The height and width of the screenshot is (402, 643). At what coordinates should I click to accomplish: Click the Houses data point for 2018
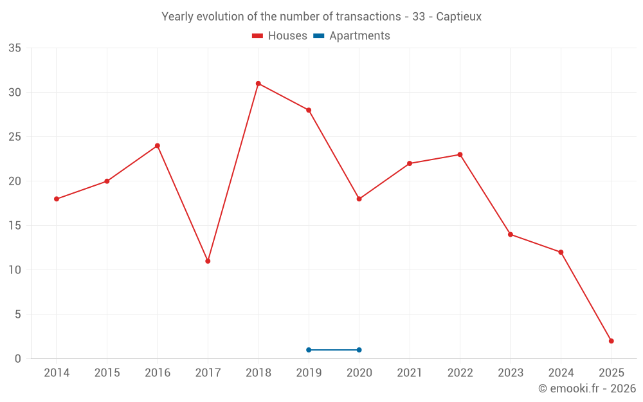[258, 84]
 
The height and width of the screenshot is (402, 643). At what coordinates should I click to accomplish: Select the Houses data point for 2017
[208, 261]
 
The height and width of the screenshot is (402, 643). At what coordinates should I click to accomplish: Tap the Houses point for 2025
[611, 341]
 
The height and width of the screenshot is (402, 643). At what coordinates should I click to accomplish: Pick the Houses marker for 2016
[157, 145]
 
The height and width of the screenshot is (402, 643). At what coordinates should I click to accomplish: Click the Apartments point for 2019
[309, 350]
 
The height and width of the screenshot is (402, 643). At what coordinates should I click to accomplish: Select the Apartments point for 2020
[359, 350]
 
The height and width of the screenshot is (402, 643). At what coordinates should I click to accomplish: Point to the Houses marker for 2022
[460, 154]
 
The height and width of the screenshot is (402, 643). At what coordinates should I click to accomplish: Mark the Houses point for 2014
[57, 199]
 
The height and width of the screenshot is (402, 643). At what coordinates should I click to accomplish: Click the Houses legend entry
[280, 36]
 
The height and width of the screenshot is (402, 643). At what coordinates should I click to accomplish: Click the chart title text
[321, 17]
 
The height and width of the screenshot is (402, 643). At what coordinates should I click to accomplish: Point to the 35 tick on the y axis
[15, 48]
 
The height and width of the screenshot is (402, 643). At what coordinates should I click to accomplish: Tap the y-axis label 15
[15, 226]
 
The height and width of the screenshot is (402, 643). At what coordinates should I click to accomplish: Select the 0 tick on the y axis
[18, 359]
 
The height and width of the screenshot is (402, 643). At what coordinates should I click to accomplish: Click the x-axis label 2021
[410, 373]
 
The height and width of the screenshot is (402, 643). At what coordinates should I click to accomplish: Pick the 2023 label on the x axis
[511, 373]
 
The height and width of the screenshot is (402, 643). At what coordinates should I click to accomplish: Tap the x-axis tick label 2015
[107, 373]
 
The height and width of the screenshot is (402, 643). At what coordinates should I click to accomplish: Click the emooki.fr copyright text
[586, 388]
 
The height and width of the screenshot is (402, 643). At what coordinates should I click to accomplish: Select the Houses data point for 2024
[561, 252]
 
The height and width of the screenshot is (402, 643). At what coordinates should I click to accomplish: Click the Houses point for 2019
[309, 110]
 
